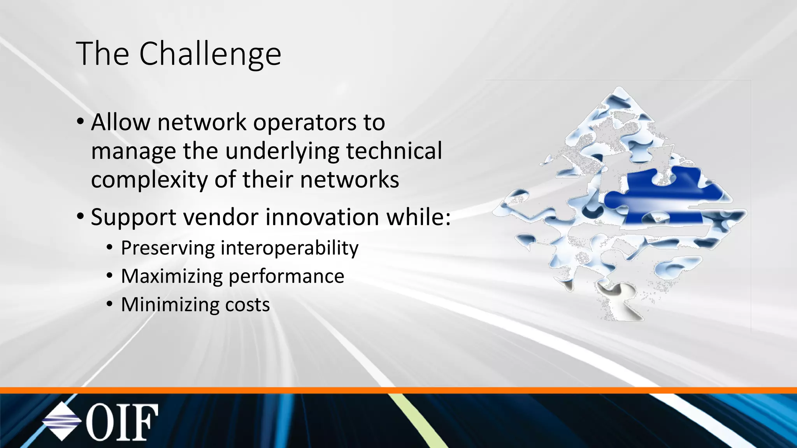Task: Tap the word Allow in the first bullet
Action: point(120,122)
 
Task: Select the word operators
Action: point(305,123)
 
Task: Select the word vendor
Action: point(221,217)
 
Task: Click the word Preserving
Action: point(168,248)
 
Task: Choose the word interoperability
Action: point(290,248)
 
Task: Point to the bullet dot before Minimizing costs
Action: point(110,304)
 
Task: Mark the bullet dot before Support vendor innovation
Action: point(80,216)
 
